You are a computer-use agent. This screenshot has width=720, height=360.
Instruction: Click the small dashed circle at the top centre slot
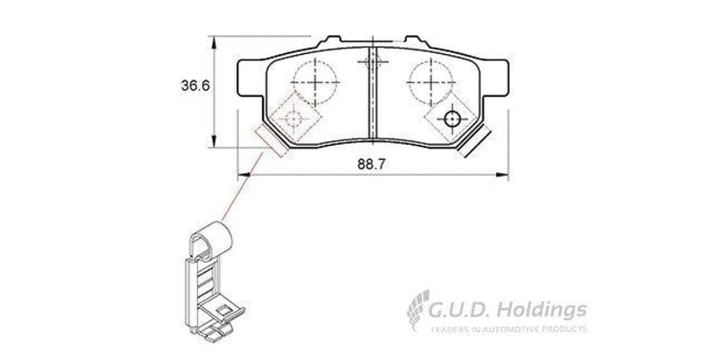pyautogui.click(x=367, y=61)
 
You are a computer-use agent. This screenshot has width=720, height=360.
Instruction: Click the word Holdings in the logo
pyautogui.click(x=544, y=311)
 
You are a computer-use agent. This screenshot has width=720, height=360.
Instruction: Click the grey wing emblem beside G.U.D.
pyautogui.click(x=417, y=315)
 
